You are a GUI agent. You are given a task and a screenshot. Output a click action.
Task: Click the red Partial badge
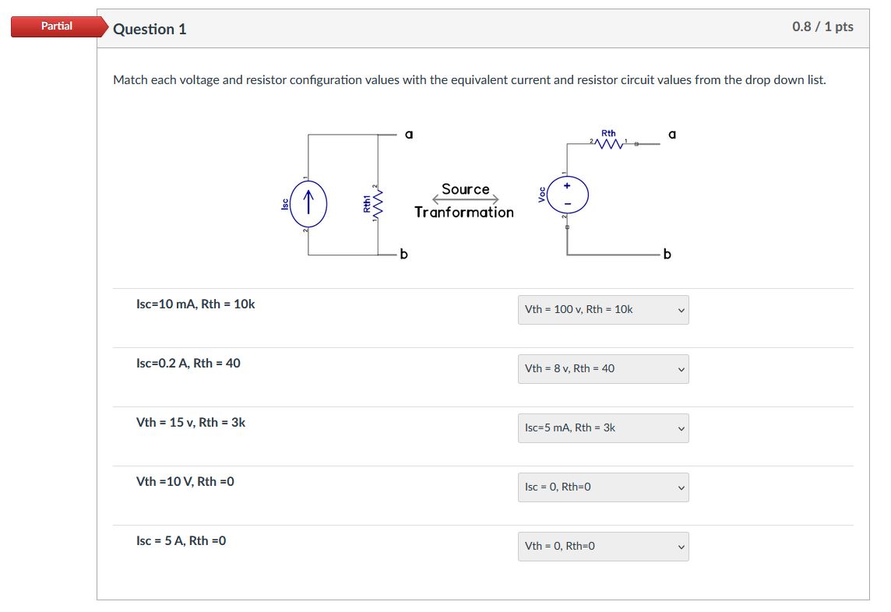(x=57, y=26)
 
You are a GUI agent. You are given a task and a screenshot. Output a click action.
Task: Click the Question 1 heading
(x=150, y=29)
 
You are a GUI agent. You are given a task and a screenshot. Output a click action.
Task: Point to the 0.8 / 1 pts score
(x=822, y=26)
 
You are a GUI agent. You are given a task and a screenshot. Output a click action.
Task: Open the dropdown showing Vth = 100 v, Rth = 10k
(x=603, y=309)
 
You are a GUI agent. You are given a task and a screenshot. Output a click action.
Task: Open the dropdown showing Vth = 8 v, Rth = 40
(x=603, y=368)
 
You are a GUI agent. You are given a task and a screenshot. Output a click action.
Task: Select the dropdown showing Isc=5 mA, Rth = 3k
(x=603, y=427)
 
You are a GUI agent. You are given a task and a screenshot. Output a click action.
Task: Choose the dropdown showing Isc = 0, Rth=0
(x=603, y=487)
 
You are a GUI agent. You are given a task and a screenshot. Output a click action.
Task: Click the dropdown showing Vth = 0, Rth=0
(x=603, y=546)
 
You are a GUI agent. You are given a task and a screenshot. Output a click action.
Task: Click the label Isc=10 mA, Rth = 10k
(x=195, y=304)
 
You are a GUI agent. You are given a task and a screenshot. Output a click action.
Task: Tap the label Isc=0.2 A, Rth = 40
(x=188, y=363)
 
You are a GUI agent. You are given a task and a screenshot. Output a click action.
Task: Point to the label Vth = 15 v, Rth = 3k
(x=191, y=422)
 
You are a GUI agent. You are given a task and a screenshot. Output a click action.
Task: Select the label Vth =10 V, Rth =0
(x=185, y=481)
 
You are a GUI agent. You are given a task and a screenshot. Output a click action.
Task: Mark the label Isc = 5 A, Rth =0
(x=181, y=540)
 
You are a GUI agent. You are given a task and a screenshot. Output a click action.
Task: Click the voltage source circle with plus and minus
(x=568, y=195)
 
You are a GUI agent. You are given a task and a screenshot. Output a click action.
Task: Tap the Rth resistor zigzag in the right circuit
(x=609, y=143)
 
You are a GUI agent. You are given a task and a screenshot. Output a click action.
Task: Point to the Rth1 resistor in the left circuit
(x=376, y=204)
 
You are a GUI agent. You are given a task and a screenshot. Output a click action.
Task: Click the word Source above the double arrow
(x=466, y=189)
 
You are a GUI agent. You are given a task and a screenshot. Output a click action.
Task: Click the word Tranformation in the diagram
(x=464, y=212)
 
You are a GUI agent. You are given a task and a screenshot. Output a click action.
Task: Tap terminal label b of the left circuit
(x=403, y=254)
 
